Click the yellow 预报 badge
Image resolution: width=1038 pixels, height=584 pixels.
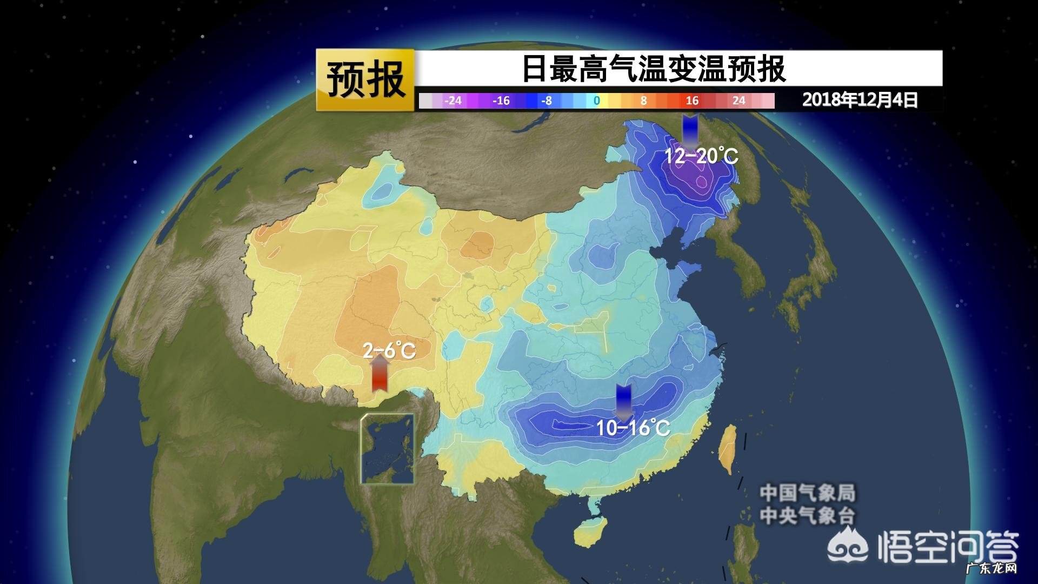pyautogui.click(x=365, y=80)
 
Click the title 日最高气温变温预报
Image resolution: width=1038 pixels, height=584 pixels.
pyautogui.click(x=653, y=69)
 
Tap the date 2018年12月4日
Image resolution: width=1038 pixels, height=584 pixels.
pyautogui.click(x=860, y=100)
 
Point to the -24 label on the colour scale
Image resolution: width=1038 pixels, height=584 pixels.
pyautogui.click(x=453, y=101)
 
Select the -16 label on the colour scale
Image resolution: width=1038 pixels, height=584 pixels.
pyautogui.click(x=501, y=101)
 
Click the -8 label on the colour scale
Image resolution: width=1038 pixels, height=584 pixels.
pyautogui.click(x=546, y=101)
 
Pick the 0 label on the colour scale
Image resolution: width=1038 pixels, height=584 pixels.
pyautogui.click(x=596, y=101)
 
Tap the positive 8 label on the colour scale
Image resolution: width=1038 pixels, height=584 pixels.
pyautogui.click(x=643, y=101)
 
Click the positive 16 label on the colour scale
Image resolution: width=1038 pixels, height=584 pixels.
pyautogui.click(x=692, y=101)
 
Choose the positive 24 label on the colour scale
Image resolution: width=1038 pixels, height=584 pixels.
pyautogui.click(x=738, y=101)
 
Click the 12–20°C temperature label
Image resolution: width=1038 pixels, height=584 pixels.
pyautogui.click(x=701, y=157)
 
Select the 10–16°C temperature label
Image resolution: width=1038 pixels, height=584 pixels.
pyautogui.click(x=633, y=428)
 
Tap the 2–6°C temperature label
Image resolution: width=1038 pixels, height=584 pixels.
pyautogui.click(x=389, y=351)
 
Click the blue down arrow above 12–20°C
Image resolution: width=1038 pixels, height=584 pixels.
pyautogui.click(x=690, y=130)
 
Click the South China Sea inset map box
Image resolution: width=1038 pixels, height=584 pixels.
pyautogui.click(x=388, y=449)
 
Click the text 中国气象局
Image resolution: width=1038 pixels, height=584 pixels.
pyautogui.click(x=808, y=493)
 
